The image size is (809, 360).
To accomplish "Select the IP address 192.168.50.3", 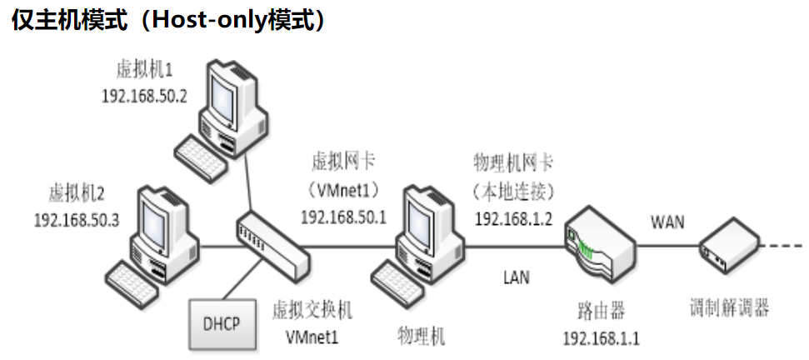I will coord(77,221).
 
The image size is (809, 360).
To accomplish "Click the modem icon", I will coord(729,245).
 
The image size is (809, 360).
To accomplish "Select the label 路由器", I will coord(601,312).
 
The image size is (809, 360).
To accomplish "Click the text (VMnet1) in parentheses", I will coord(343,188).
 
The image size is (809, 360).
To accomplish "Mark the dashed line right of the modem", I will coord(783,246).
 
